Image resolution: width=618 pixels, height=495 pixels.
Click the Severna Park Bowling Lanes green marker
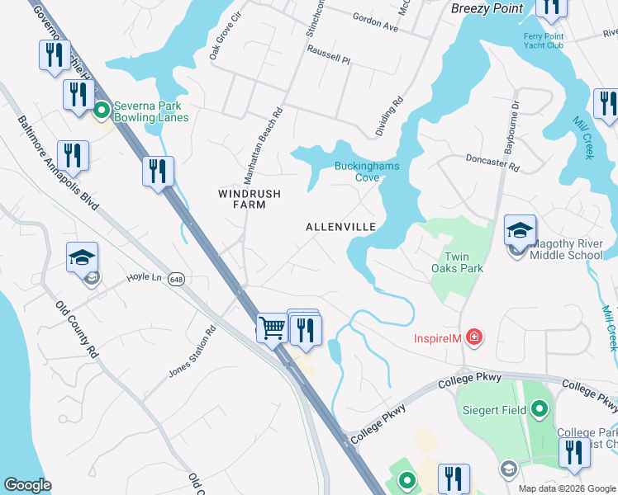pyautogui.click(x=102, y=109)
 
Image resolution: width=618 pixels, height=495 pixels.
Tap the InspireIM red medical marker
pyautogui.click(x=473, y=337)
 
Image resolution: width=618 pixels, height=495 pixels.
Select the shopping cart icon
pyautogui.click(x=271, y=328)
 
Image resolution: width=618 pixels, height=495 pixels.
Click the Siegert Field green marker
pyautogui.click(x=540, y=408)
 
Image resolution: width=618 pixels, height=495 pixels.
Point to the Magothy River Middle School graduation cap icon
pyautogui.click(x=521, y=230)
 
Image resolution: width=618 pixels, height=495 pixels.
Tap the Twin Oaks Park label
pyautogui.click(x=457, y=262)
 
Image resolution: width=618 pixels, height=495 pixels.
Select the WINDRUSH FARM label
pyautogui.click(x=249, y=199)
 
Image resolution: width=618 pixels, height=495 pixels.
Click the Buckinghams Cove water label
pyautogui.click(x=366, y=171)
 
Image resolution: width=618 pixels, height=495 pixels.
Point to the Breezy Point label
pyautogui.click(x=487, y=8)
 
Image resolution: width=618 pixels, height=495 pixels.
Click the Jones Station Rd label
pyautogui.click(x=192, y=352)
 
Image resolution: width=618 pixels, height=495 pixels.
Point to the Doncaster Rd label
pyautogui.click(x=492, y=163)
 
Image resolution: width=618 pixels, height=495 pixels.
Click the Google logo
pyautogui.click(x=26, y=485)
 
